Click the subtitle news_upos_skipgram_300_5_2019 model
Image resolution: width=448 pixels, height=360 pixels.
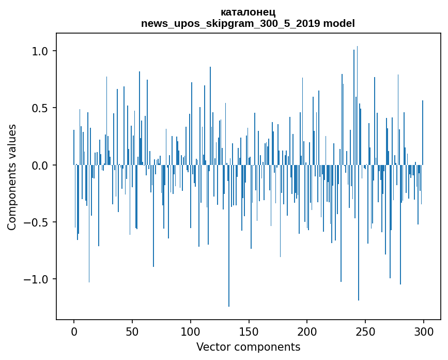click(x=248, y=23)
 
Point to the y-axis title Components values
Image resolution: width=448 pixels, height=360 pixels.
click(x=12, y=177)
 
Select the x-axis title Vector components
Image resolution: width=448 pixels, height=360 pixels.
click(x=248, y=347)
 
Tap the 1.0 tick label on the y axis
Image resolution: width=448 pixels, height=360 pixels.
click(x=40, y=51)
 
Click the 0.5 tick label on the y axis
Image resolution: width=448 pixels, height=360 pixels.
click(x=40, y=108)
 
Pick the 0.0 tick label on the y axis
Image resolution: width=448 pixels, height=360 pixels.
click(x=40, y=166)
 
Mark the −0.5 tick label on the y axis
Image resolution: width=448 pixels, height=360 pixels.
click(x=36, y=222)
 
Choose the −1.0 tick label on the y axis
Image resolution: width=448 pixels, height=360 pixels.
click(x=36, y=279)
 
